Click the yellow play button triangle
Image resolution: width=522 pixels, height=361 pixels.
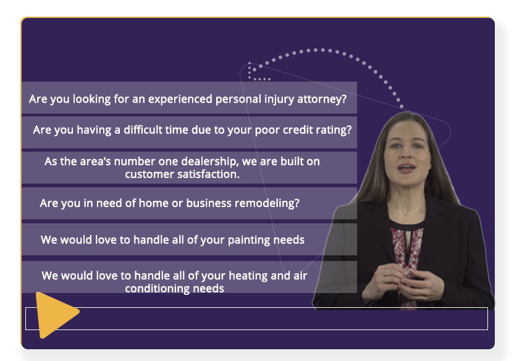tap(55, 315)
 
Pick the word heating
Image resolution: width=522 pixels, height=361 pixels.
tap(248, 276)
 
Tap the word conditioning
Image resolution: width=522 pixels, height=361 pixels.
tap(158, 289)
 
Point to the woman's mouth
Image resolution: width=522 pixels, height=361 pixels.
tap(406, 168)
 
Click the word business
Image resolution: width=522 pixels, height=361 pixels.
tap(209, 203)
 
